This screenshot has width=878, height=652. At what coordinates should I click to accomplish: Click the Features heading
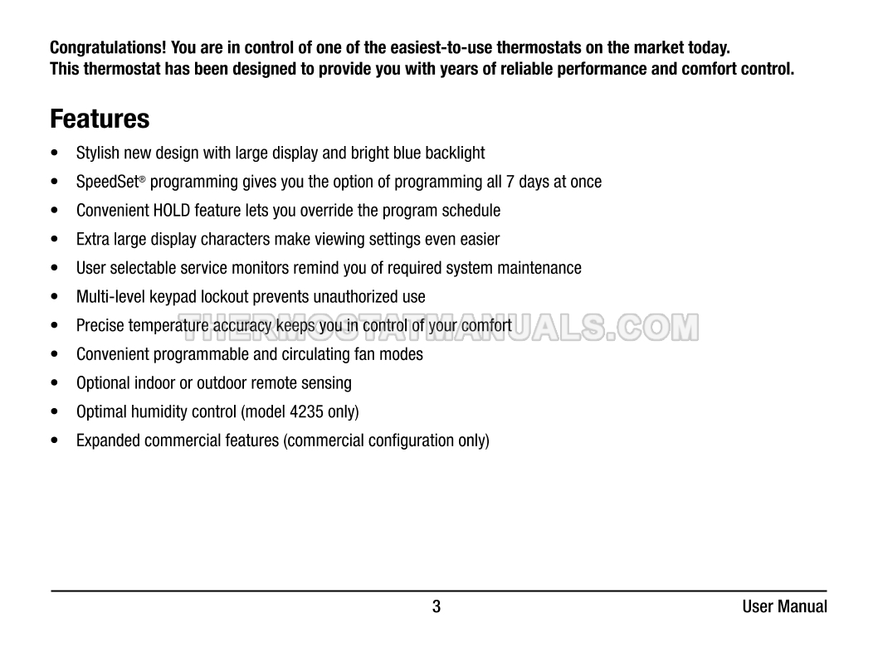click(x=100, y=119)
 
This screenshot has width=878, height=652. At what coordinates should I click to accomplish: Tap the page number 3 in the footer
click(x=437, y=606)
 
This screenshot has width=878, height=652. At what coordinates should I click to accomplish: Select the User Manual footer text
click(x=784, y=606)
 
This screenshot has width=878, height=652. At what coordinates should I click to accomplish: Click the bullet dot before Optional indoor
click(x=55, y=383)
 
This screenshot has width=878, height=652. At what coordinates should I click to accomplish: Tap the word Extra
click(x=93, y=240)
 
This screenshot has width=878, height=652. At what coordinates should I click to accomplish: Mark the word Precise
click(x=100, y=326)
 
